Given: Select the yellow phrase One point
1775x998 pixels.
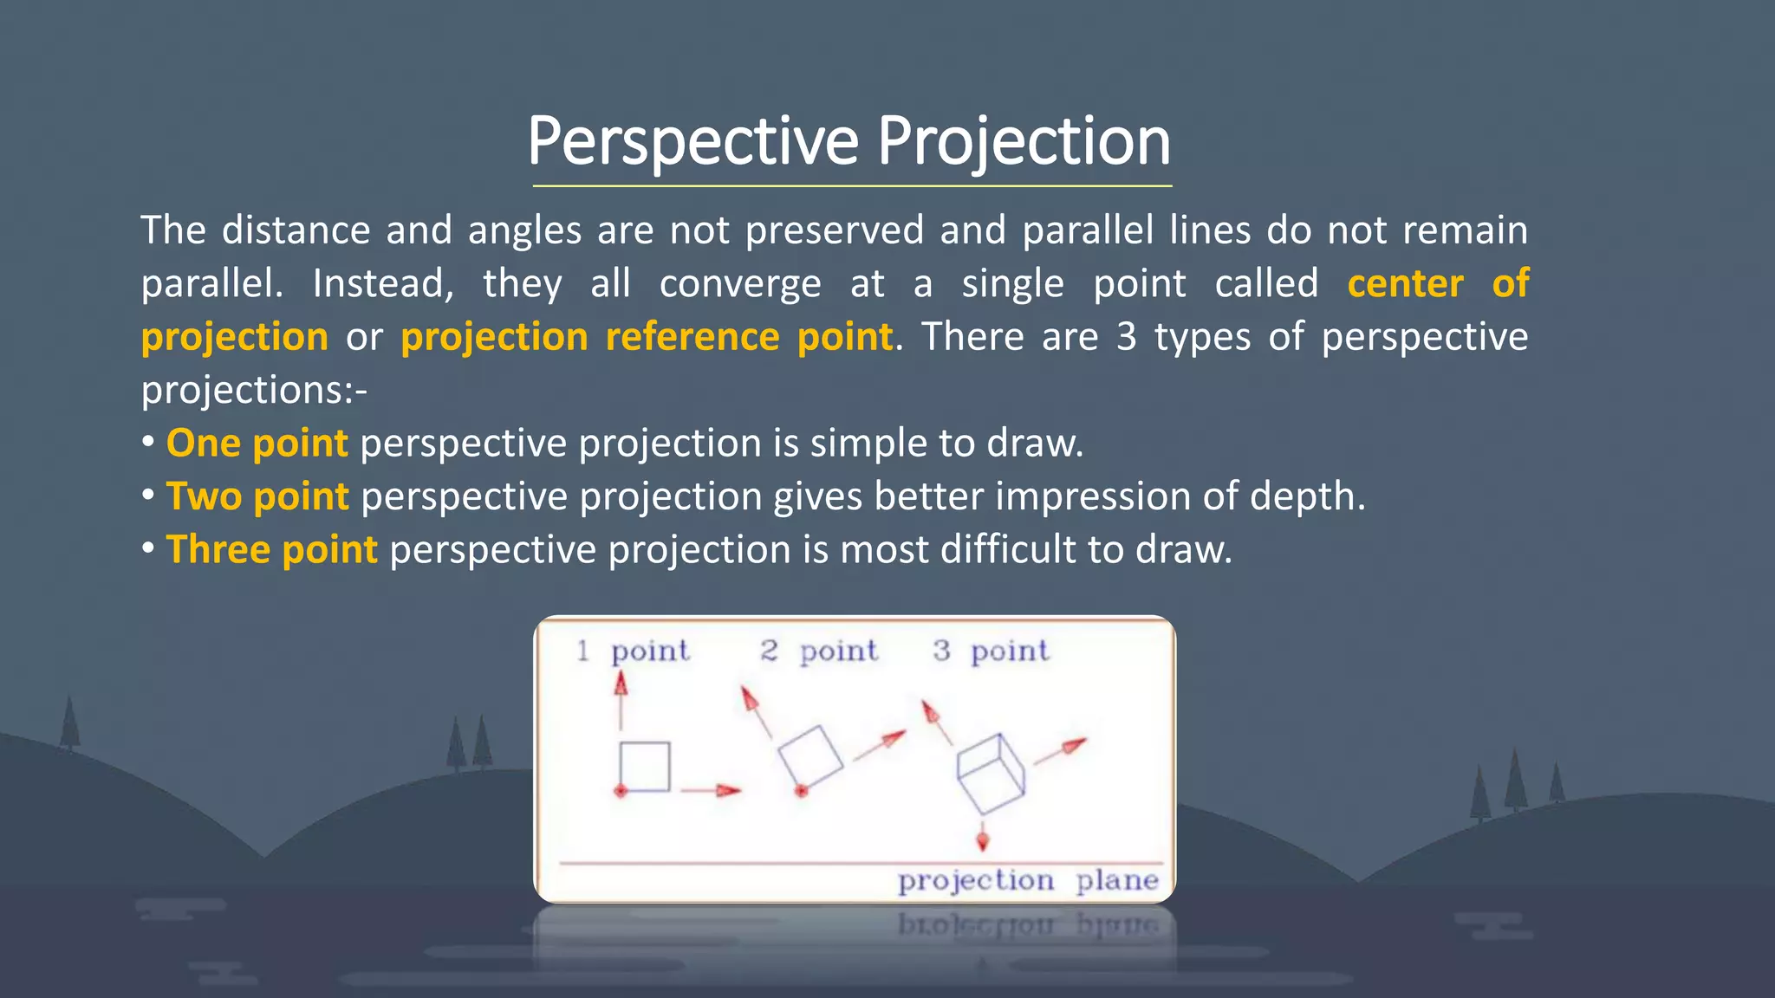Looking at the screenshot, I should tap(257, 443).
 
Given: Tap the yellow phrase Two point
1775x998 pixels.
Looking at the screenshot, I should tap(257, 496).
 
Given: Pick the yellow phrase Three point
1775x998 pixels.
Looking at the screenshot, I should tap(271, 549).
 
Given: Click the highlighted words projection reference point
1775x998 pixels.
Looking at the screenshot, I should tap(647, 336).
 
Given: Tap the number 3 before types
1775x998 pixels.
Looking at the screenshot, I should tap(1126, 336).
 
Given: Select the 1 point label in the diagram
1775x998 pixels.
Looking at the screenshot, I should tap(634, 651).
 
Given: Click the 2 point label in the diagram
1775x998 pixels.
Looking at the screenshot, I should tap(819, 651).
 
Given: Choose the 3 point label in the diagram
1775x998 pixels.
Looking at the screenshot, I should tap(991, 651).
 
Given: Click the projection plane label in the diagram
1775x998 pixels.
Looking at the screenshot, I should tap(1028, 880).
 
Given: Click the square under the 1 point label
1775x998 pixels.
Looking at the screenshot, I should tap(645, 767).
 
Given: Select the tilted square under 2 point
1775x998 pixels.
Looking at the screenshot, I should tap(810, 756).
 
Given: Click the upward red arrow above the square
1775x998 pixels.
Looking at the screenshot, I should tap(621, 700).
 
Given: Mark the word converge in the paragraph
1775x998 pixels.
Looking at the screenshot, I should tap(739, 283).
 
